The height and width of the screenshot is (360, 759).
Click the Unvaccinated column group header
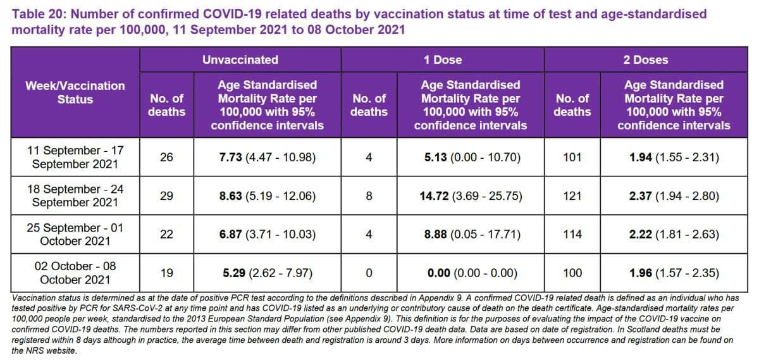point(240,60)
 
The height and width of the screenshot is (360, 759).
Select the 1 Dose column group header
point(443,60)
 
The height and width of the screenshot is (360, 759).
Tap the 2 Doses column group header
point(646,60)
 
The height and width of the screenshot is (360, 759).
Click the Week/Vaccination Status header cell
point(75,92)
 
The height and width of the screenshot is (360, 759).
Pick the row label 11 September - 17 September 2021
point(75,157)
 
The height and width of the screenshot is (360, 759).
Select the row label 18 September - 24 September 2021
point(75,196)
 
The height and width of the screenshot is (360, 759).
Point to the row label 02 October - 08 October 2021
point(75,273)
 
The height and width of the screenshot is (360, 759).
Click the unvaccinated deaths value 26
point(166,157)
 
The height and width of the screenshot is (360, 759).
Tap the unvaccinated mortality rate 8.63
point(230,196)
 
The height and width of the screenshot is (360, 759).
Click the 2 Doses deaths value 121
point(572,196)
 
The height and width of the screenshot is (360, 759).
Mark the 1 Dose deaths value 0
point(369,273)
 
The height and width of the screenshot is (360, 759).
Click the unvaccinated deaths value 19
point(166,273)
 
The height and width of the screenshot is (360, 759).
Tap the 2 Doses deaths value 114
point(572,234)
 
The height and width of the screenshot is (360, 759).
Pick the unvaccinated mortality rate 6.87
point(230,234)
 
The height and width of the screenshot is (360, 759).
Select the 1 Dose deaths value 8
point(369,196)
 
